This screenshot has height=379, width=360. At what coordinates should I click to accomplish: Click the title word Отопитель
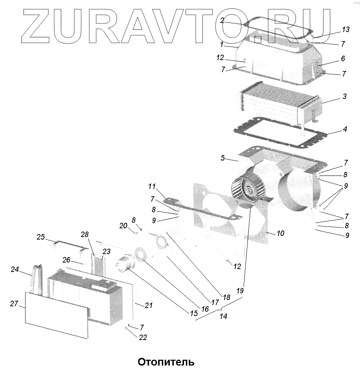[166, 362]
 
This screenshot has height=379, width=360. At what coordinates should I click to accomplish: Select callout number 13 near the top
[345, 29]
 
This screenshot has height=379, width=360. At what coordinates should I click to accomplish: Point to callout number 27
[14, 304]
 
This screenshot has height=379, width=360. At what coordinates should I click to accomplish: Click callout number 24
[15, 270]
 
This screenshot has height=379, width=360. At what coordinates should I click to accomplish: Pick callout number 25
[40, 237]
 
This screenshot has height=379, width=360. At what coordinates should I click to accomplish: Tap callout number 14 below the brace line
[223, 316]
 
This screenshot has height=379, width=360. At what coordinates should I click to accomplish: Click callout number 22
[143, 337]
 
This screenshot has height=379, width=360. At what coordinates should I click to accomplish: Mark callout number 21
[148, 305]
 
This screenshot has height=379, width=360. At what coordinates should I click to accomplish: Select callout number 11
[152, 187]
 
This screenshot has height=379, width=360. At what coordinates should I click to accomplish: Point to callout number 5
[225, 158]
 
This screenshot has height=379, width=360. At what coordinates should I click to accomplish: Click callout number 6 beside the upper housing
[343, 59]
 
